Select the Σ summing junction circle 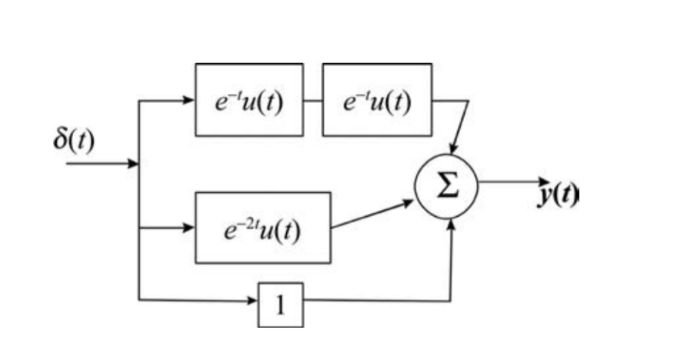446,185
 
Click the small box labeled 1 280,305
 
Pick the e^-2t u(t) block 263,228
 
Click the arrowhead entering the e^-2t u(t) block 189,228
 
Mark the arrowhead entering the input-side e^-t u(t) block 189,100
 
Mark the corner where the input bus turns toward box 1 138,299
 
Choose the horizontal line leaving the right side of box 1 377,300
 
